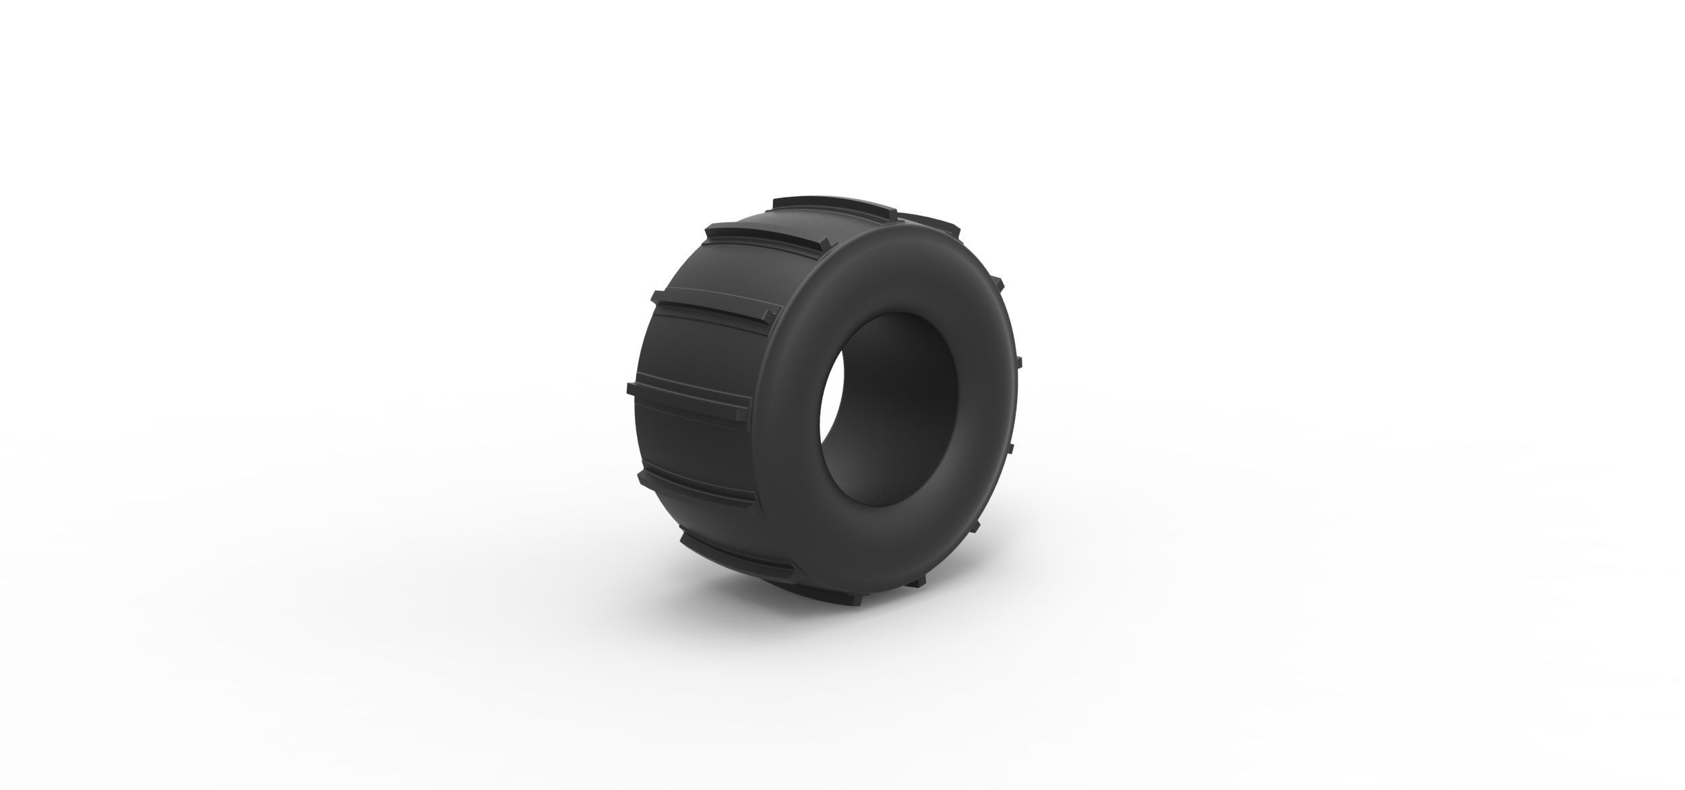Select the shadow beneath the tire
[795, 593]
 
